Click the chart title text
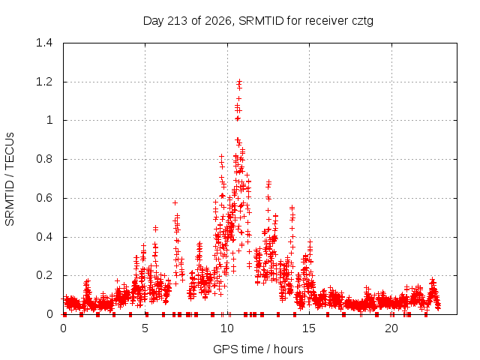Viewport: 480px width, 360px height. (258, 21)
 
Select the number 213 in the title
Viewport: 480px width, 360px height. (178, 21)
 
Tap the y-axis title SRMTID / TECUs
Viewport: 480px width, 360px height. (10, 179)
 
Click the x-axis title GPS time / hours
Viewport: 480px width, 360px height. (258, 349)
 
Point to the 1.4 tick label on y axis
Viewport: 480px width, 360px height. (44, 43)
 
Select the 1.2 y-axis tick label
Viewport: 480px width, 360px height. (44, 82)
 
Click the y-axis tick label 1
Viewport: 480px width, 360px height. (49, 120)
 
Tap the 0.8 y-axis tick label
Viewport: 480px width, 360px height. (44, 159)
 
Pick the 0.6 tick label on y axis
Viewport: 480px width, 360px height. (44, 198)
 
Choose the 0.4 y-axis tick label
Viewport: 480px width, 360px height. (44, 237)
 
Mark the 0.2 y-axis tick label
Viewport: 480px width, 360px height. (44, 275)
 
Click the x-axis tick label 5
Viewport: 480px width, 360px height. (145, 328)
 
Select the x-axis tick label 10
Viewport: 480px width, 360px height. (227, 328)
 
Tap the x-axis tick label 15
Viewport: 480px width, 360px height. (309, 328)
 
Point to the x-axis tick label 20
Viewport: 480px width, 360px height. (391, 328)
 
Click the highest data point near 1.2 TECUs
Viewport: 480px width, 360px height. (240, 82)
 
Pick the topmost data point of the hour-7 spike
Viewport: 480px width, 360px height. (175, 202)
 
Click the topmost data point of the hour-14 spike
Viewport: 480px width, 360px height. (292, 208)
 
